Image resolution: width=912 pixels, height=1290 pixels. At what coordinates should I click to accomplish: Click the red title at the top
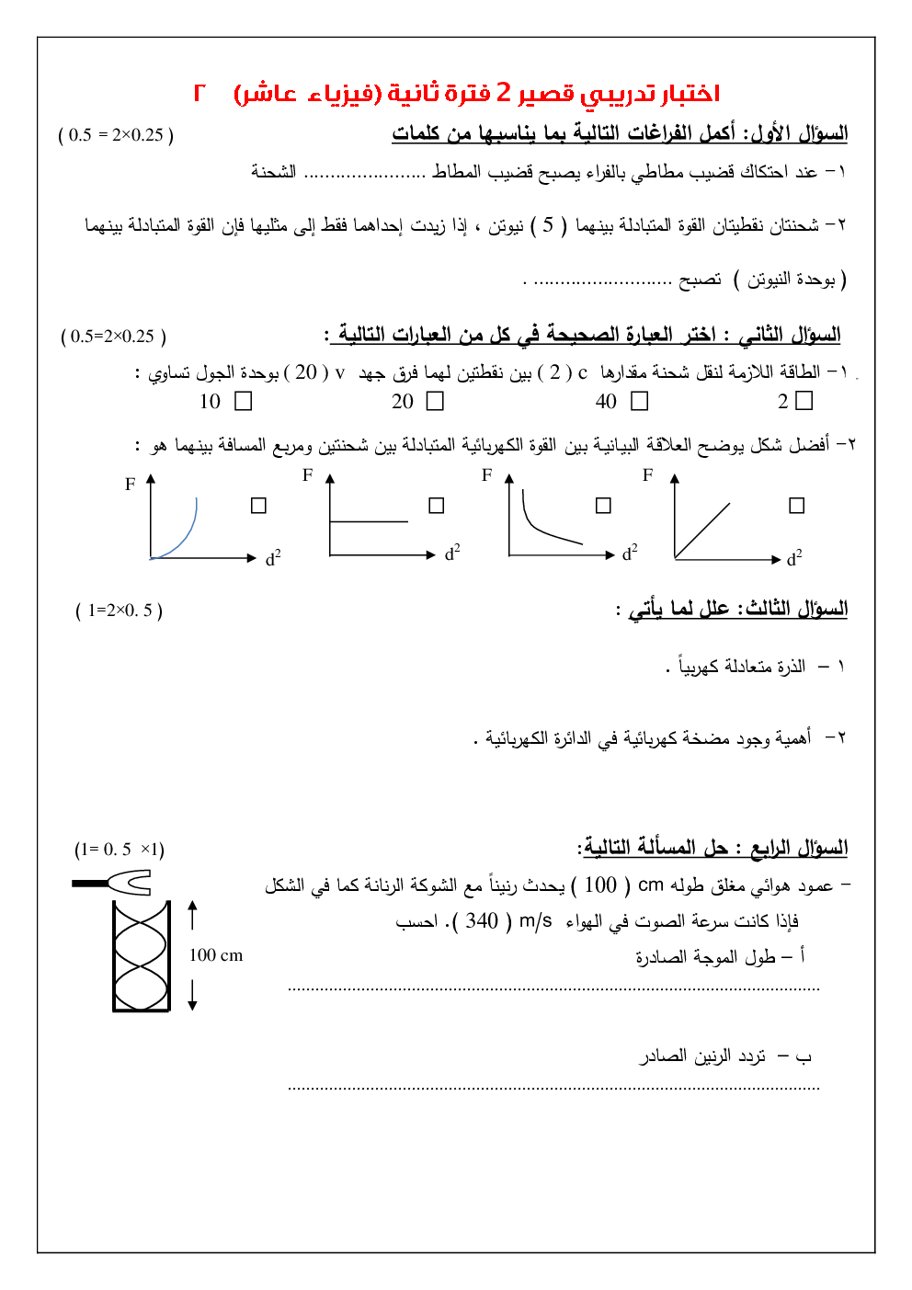point(457,93)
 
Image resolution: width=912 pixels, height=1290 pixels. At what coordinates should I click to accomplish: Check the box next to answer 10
point(244,401)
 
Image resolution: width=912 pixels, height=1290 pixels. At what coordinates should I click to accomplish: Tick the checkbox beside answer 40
point(640,401)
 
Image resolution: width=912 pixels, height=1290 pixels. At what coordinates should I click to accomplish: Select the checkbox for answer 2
point(804,400)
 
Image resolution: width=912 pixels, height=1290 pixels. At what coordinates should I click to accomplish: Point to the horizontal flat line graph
point(368,521)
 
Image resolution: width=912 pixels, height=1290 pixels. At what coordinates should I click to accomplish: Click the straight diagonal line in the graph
point(702,531)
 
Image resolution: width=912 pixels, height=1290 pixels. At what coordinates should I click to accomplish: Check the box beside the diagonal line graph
point(797,505)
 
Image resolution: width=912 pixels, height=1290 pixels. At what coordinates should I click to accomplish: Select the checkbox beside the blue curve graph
point(258,506)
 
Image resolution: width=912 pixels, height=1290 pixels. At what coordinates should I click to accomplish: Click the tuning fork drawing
point(115,884)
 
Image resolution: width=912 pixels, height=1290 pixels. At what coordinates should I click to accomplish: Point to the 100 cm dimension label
point(216,955)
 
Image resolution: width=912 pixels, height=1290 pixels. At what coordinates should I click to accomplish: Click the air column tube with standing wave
point(142,956)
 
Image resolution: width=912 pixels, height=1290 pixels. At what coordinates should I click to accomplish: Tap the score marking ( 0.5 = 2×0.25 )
point(116,135)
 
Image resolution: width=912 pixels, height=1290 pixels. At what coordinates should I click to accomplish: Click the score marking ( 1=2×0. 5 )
point(119,611)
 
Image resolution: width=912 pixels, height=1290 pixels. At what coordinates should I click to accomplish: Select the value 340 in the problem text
point(482,921)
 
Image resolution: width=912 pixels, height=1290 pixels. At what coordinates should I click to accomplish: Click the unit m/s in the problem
point(536,921)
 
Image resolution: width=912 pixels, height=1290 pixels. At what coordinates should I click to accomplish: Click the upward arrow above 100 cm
point(192,915)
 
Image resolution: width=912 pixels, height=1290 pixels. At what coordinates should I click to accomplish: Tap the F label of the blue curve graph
point(131,485)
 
